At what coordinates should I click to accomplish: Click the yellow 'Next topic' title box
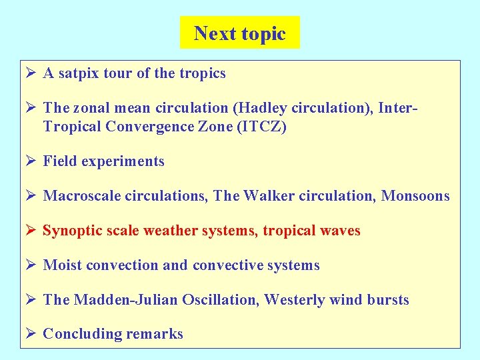tap(239, 33)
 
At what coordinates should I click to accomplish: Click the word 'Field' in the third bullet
tap(59, 161)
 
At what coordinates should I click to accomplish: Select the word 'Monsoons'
tap(415, 196)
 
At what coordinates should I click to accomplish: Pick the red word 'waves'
tap(339, 231)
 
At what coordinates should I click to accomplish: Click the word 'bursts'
tap(387, 300)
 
